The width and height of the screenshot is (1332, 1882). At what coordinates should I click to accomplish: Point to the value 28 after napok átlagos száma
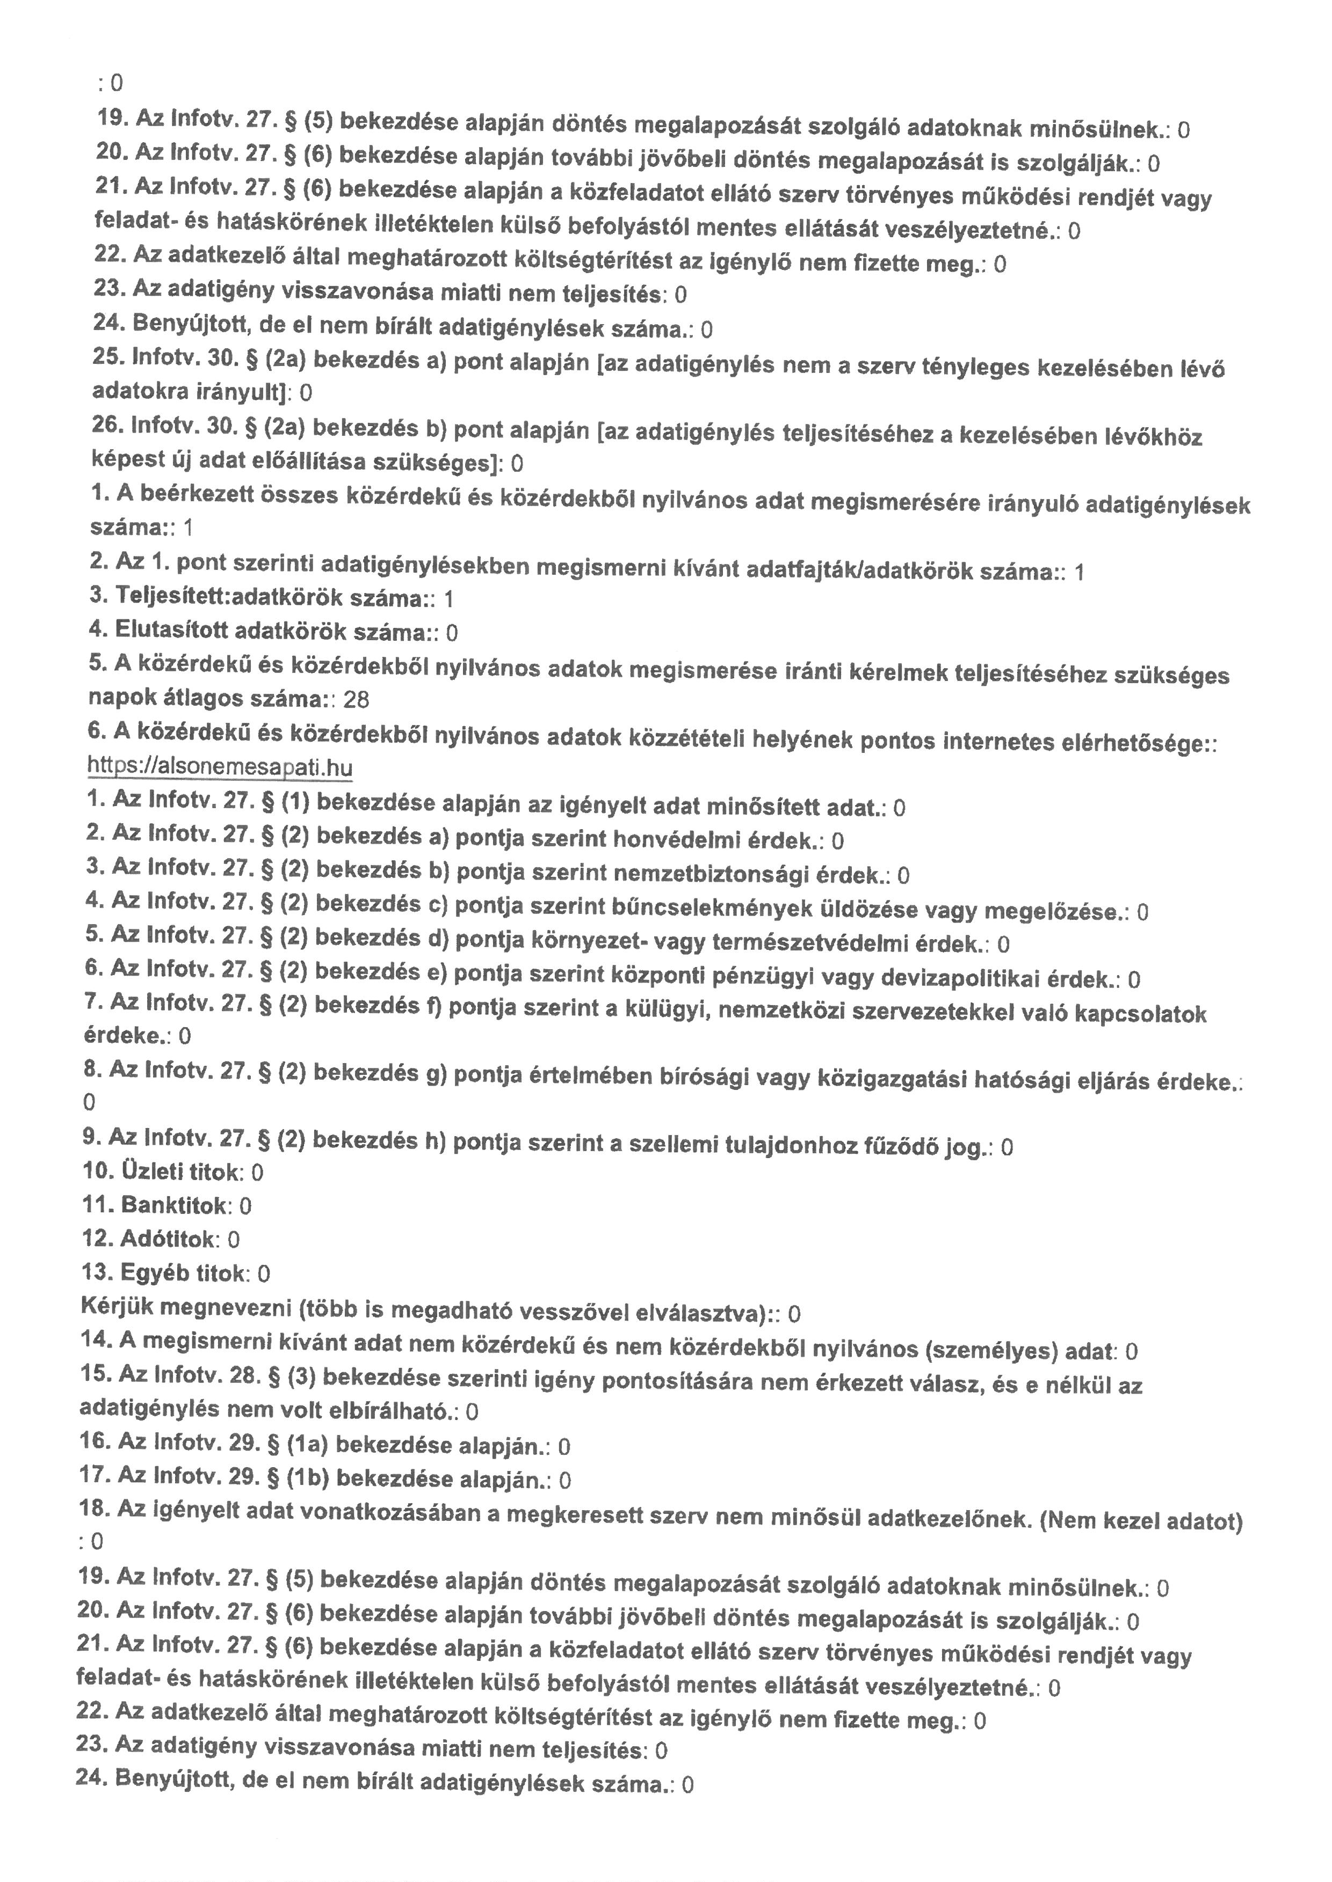pos(356,699)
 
